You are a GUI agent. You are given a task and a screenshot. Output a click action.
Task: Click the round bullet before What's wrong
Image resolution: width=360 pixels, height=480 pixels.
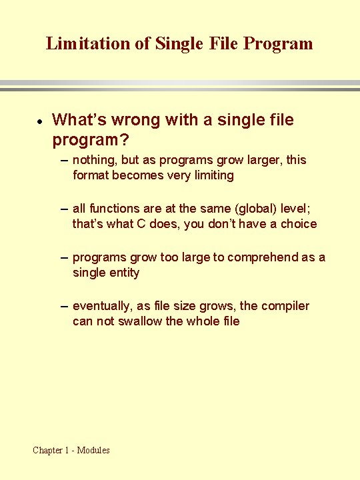[x=40, y=121]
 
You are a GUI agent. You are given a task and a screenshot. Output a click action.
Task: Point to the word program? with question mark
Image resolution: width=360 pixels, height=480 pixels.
[x=90, y=141]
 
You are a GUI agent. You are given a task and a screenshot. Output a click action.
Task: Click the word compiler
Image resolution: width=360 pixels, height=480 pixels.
[x=285, y=306]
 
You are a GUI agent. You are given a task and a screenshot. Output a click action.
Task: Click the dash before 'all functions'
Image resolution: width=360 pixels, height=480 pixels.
[x=63, y=209]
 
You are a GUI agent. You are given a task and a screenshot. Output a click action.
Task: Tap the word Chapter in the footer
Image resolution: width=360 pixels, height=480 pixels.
[x=49, y=450]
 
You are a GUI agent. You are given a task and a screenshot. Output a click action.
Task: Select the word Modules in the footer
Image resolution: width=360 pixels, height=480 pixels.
[x=93, y=450]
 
